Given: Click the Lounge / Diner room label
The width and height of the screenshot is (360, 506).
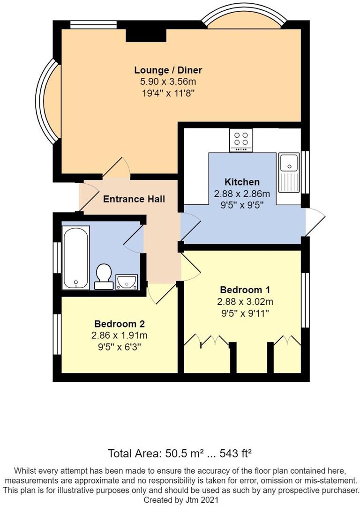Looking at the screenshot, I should [168, 70].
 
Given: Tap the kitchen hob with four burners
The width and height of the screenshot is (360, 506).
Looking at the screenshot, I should [241, 140].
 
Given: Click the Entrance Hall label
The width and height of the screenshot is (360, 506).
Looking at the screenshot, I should [134, 199].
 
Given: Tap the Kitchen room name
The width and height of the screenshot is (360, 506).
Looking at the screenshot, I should [242, 182].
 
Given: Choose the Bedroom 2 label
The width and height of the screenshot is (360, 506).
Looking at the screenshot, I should [120, 324].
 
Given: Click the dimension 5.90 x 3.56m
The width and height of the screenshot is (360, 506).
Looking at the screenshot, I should [168, 82].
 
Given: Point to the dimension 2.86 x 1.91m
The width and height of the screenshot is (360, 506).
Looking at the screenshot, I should [120, 335].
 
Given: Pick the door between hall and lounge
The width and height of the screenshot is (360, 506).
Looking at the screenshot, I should [117, 168].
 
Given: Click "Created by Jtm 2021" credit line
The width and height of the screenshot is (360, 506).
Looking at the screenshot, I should [180, 500].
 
